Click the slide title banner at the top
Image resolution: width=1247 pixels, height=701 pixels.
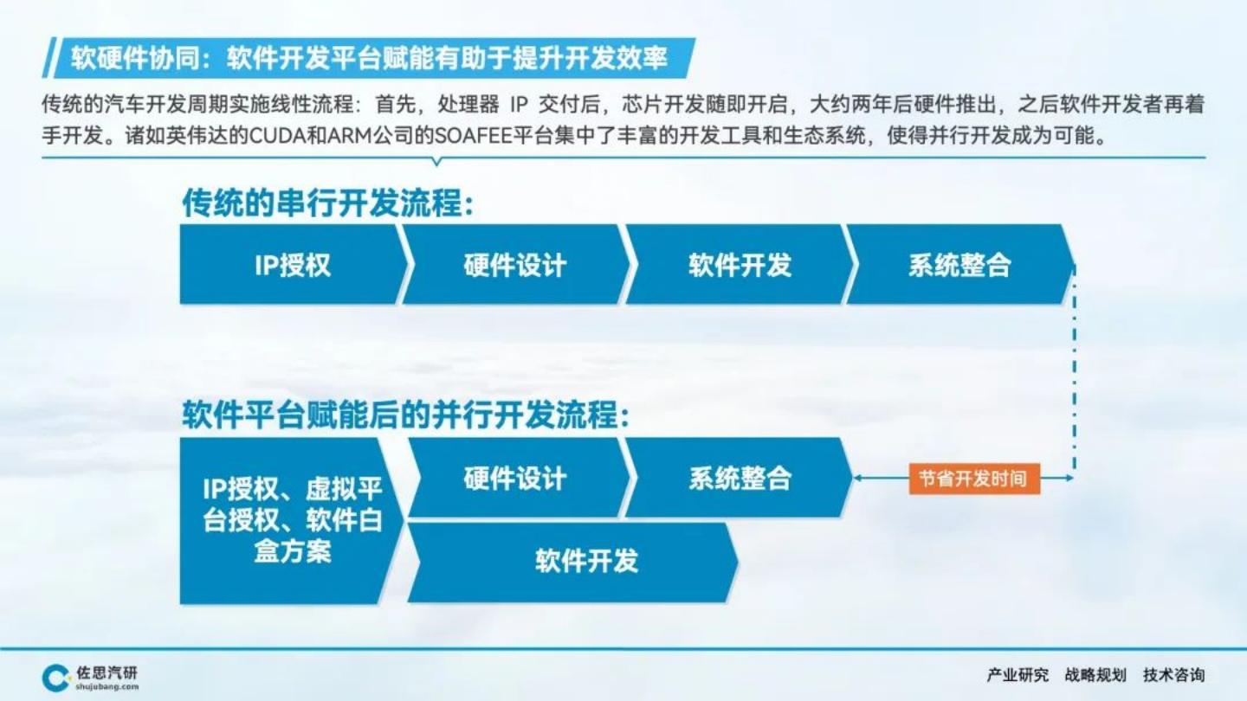(369, 58)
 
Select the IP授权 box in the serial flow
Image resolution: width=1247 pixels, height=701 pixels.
(294, 265)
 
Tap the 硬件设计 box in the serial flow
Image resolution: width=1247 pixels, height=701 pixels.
(515, 265)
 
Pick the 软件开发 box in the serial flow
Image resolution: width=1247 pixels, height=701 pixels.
(740, 265)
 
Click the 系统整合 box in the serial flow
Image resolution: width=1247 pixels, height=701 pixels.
(959, 265)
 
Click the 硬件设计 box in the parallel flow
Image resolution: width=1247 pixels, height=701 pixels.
(518, 478)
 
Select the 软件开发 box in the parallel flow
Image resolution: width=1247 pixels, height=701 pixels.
(573, 563)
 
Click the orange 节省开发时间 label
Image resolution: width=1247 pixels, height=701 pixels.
(974, 479)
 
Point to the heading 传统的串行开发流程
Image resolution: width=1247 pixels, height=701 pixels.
(328, 203)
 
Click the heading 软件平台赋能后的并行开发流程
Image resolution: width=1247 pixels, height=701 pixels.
(406, 415)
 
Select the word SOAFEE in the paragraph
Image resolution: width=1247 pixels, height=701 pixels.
(473, 136)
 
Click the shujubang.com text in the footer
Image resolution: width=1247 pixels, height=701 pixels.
(107, 687)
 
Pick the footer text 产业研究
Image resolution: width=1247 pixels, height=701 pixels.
(1017, 675)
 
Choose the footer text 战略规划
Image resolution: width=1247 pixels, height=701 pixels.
(1095, 675)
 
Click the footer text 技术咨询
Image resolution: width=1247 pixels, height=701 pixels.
(1173, 675)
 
